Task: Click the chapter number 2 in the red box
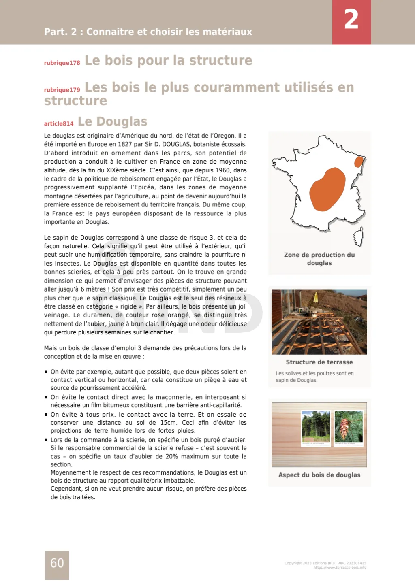pos(351,19)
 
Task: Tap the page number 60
pos(57,563)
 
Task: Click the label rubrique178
pos(62,63)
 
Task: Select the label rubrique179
pos(62,90)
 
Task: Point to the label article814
pos(59,123)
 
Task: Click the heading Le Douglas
pos(112,121)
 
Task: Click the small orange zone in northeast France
pos(359,162)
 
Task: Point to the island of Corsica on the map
pos(358,236)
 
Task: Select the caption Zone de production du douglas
pos(319,259)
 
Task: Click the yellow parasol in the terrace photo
pos(316,299)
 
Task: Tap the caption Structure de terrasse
pos(319,362)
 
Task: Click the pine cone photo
pos(349,427)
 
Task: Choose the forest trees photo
pos(316,427)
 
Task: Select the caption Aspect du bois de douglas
pos(319,475)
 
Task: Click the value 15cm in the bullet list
pos(168,422)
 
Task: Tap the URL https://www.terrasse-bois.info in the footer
pos(340,568)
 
